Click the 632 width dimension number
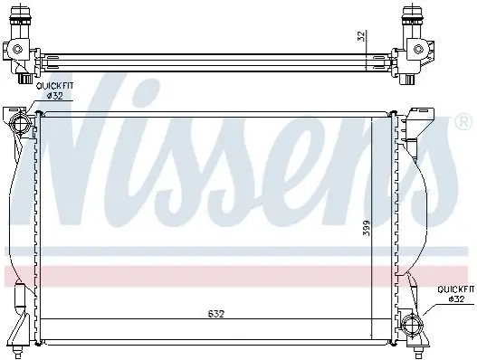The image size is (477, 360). pyautogui.click(x=216, y=314)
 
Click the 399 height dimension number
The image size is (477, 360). pyautogui.click(x=367, y=228)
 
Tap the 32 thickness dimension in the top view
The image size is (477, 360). pyautogui.click(x=361, y=36)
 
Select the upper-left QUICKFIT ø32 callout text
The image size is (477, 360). pyautogui.click(x=54, y=91)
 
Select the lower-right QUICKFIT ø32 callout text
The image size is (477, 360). pyautogui.click(x=455, y=294)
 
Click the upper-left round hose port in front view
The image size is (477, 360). pyautogui.click(x=20, y=124)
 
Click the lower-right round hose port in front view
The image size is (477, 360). pyautogui.click(x=412, y=326)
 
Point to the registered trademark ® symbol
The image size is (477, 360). pyautogui.click(x=463, y=122)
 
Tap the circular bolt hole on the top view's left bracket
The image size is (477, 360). pyautogui.click(x=17, y=49)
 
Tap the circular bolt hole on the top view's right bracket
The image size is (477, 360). pyautogui.click(x=418, y=49)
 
